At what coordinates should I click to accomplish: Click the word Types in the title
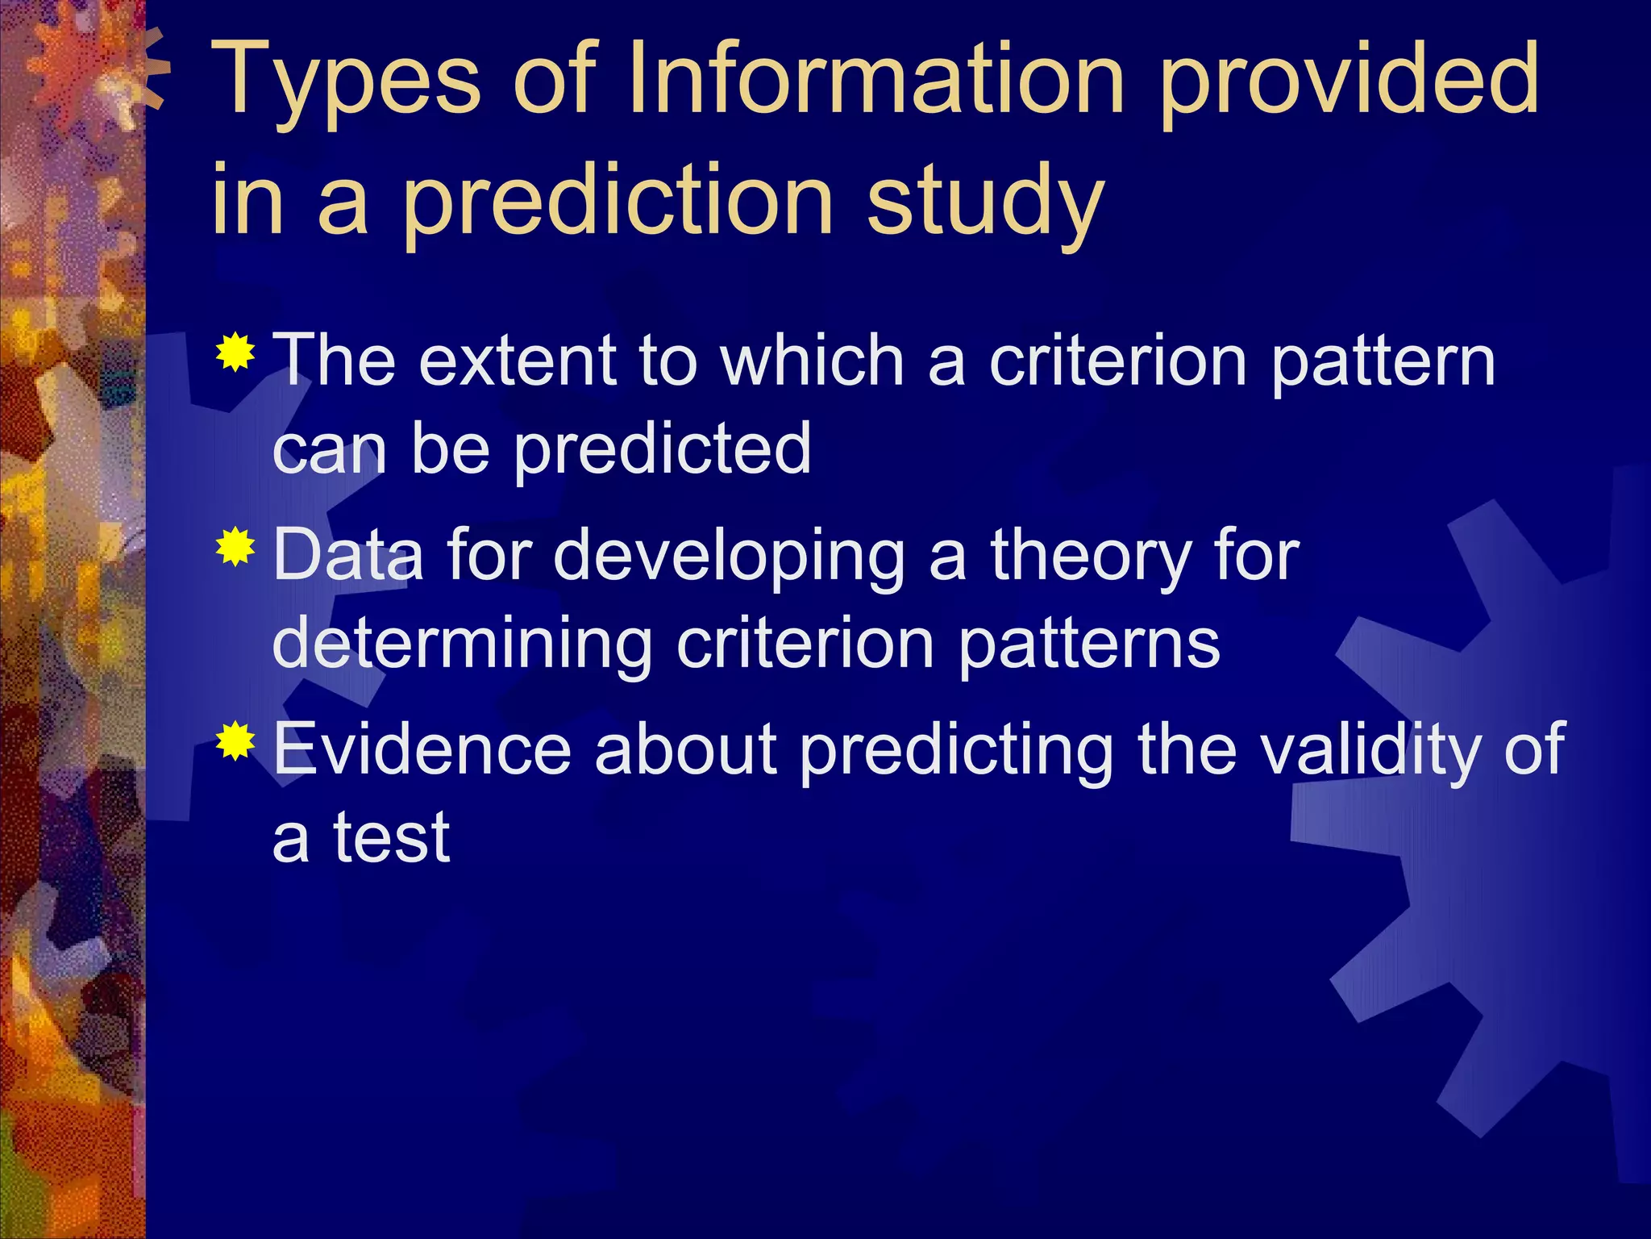347,81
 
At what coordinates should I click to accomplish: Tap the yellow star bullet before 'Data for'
235,548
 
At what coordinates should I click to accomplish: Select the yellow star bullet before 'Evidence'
235,741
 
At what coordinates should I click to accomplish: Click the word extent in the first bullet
518,362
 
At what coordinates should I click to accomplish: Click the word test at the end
392,839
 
